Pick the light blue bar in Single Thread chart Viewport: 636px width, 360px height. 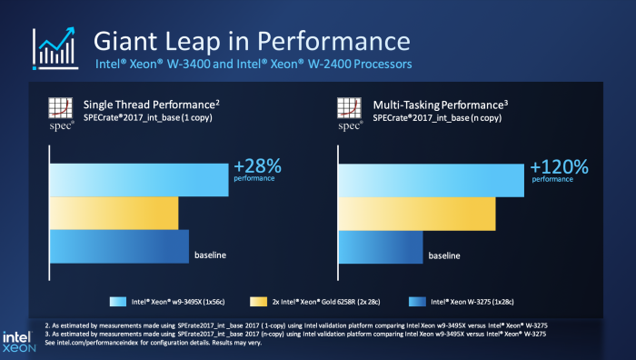(x=138, y=180)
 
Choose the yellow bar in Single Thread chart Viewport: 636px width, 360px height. (x=114, y=213)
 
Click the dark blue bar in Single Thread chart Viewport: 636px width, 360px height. (x=118, y=246)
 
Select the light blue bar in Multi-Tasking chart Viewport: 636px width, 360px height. (x=431, y=179)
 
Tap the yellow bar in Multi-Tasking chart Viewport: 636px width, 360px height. (x=416, y=213)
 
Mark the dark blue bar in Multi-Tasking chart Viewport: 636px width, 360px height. (x=380, y=246)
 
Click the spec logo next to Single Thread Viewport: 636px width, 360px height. (x=60, y=115)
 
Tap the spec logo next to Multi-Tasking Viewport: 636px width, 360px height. (x=350, y=115)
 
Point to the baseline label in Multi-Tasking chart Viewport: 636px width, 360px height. (x=445, y=255)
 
